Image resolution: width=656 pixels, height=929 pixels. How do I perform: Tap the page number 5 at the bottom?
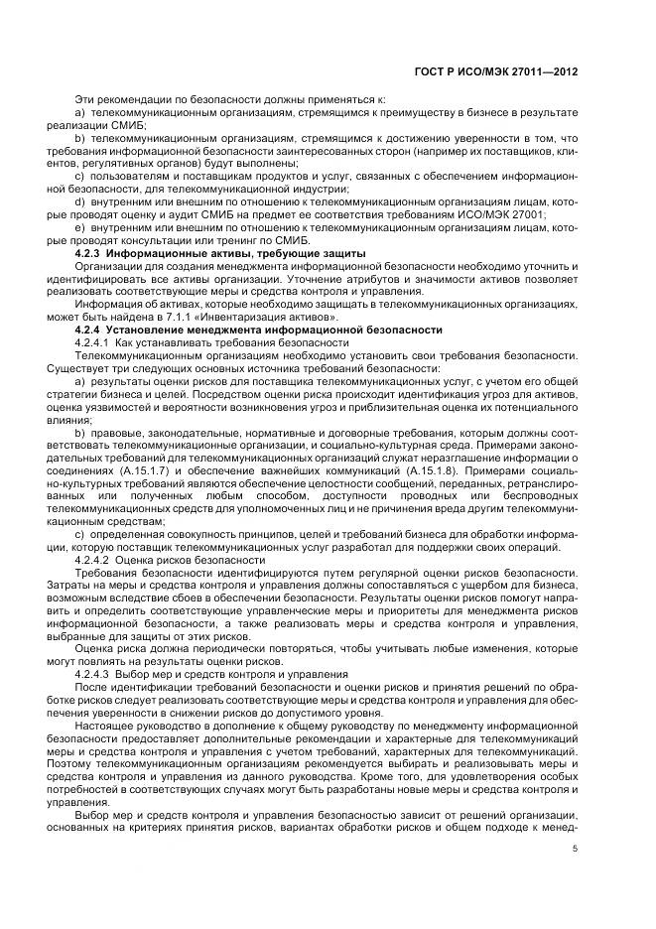pos(575,849)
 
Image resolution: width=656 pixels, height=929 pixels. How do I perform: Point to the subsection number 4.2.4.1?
pos(96,341)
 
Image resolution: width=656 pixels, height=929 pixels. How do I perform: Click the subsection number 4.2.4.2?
pos(96,560)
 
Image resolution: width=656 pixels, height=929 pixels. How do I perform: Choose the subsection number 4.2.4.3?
pos(96,675)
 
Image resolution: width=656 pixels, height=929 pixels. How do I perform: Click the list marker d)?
pos(79,199)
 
